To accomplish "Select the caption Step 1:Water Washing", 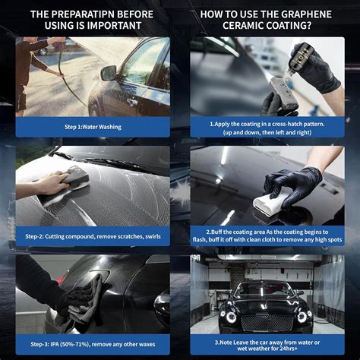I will pos(93,127).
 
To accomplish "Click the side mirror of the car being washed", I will pos(108,73).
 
